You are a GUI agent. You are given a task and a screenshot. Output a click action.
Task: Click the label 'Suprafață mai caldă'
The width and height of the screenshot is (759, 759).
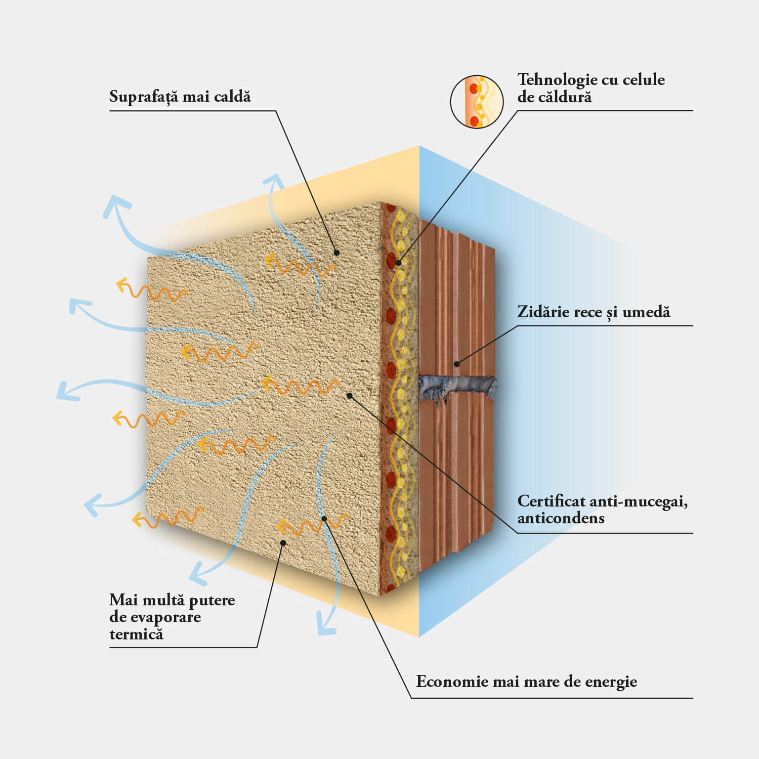[180, 96]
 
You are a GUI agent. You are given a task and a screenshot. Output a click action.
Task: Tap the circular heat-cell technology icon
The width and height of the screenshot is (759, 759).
[477, 102]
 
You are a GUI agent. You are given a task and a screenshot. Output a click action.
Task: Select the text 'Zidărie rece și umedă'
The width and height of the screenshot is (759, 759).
[593, 312]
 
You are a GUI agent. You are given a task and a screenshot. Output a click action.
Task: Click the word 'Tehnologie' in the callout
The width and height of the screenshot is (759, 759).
[552, 80]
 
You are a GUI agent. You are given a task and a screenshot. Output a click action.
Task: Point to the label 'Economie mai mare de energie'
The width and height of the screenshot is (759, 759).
[526, 682]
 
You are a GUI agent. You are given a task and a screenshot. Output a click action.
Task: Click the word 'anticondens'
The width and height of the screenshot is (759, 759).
[561, 518]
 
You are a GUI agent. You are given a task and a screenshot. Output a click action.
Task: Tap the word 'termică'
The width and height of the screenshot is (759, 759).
[136, 634]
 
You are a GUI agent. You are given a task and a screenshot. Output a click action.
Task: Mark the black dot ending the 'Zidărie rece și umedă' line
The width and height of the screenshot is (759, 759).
[457, 364]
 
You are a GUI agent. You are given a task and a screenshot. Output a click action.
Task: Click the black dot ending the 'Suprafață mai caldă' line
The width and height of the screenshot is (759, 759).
[337, 253]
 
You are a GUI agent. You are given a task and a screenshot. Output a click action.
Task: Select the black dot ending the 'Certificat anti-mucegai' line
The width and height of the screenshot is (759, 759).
[349, 396]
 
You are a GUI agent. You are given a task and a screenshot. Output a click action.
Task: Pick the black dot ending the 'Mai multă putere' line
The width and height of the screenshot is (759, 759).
[283, 543]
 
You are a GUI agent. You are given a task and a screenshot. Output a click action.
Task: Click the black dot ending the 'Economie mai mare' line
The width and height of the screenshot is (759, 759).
[324, 518]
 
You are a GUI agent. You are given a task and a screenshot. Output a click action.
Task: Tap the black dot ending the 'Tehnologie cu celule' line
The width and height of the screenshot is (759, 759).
[398, 263]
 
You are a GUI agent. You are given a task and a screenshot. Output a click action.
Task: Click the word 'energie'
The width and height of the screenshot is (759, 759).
[611, 682]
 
